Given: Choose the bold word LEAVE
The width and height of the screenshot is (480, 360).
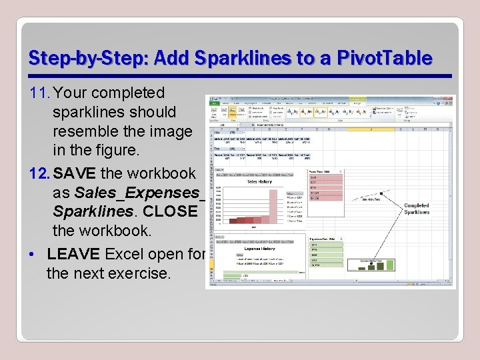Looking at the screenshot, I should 73,254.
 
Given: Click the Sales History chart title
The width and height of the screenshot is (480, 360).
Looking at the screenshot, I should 259,181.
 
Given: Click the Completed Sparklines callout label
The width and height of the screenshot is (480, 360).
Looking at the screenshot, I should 417,209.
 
